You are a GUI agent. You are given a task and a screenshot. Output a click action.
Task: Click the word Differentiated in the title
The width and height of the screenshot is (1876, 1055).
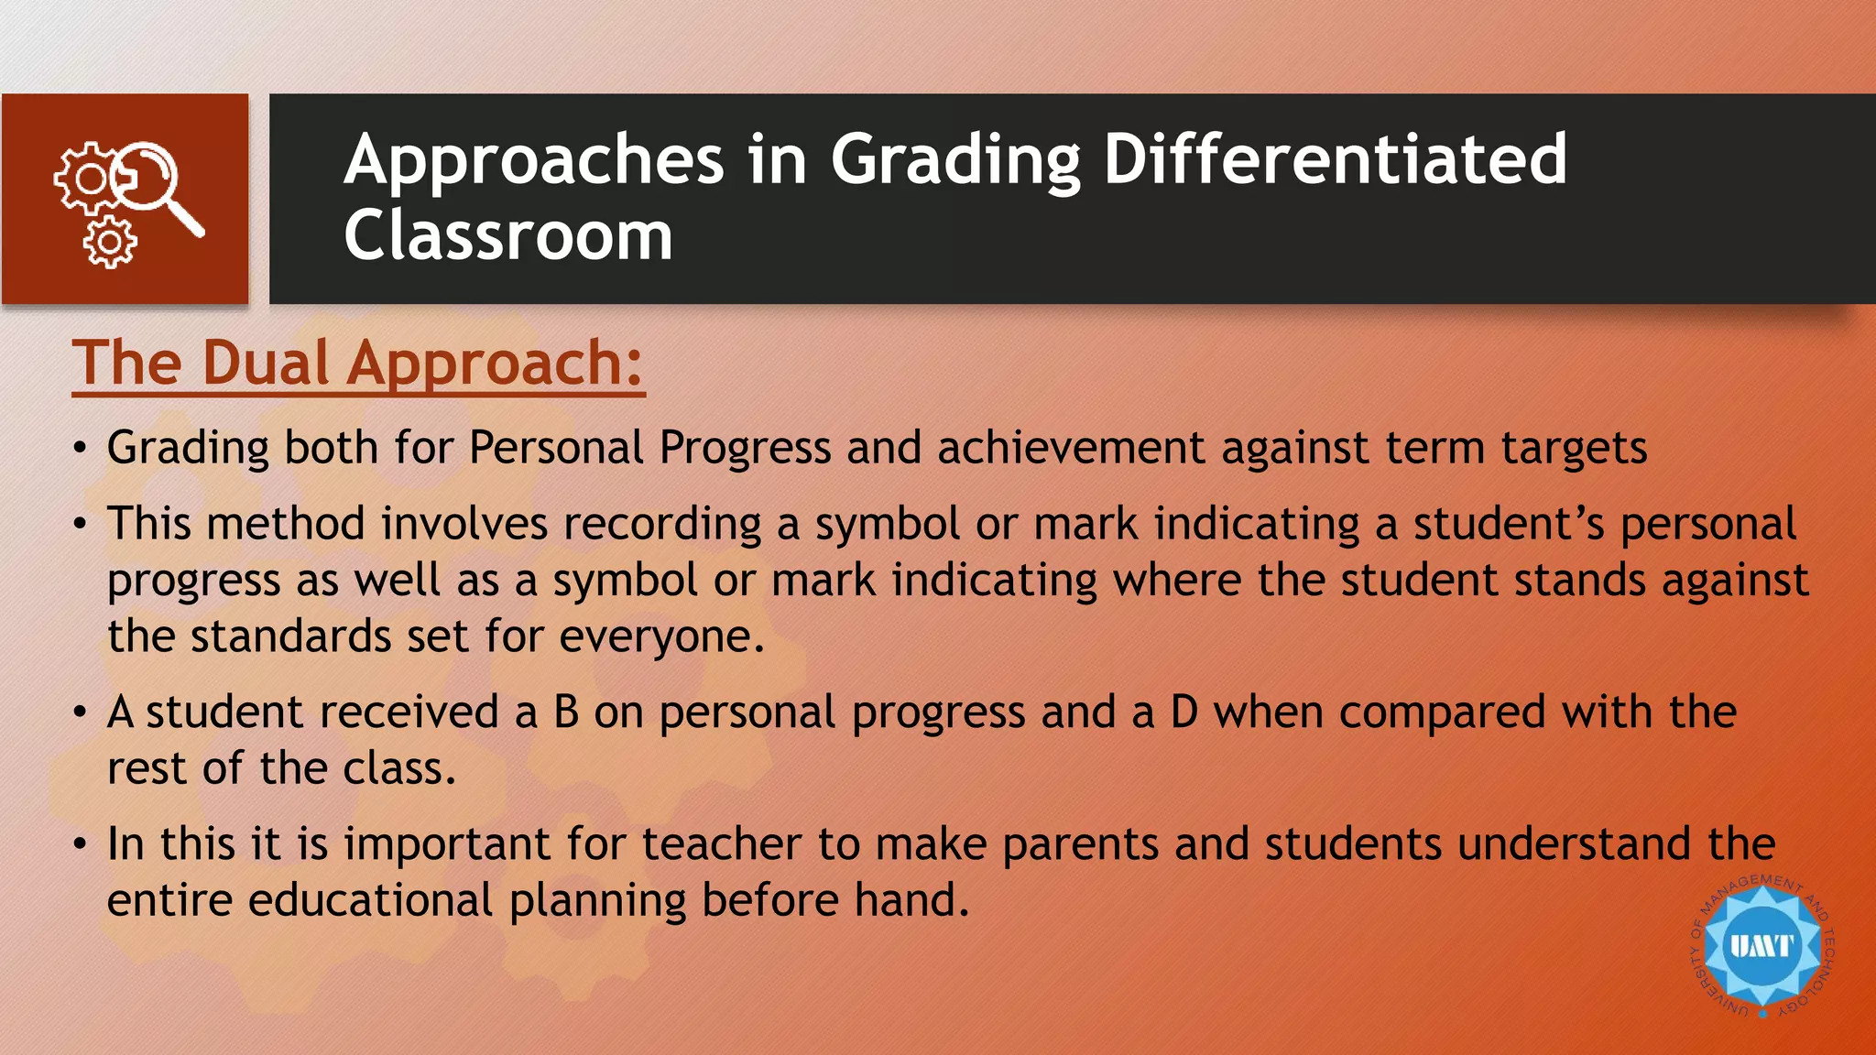(1335, 159)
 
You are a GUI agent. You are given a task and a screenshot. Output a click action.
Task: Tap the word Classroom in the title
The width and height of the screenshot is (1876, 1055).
(508, 235)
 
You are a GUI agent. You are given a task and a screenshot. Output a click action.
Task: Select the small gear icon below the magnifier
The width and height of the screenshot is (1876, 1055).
(110, 243)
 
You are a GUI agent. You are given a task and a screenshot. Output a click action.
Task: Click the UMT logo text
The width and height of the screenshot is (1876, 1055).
(1761, 945)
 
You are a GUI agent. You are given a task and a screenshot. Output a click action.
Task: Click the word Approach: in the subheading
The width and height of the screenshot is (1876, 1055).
(496, 364)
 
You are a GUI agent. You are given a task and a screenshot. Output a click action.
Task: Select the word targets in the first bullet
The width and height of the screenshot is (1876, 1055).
(1574, 450)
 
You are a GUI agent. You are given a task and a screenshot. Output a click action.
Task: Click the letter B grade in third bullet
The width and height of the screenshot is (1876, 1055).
(566, 712)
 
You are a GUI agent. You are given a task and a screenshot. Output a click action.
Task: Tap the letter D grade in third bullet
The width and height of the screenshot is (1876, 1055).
(1183, 712)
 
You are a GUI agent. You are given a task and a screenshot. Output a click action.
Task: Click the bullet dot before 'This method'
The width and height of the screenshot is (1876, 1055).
(81, 525)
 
